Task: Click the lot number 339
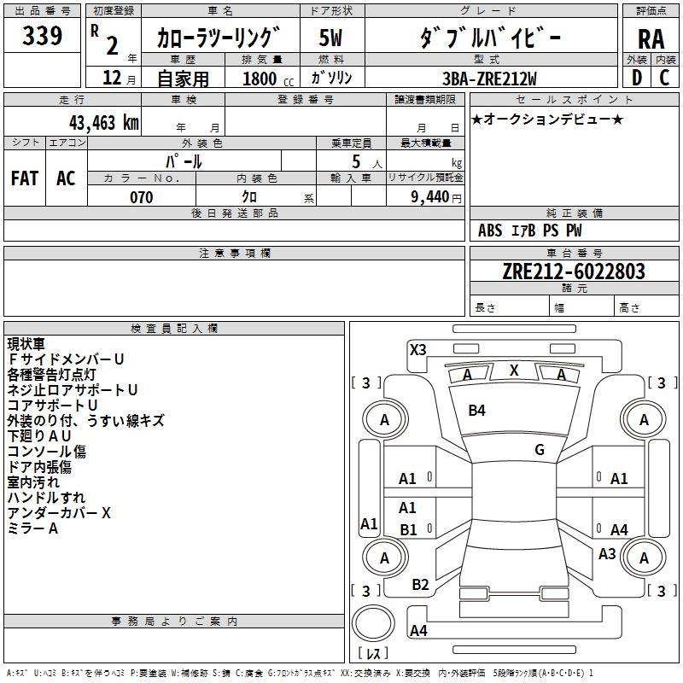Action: (x=43, y=36)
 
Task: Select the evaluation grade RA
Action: (x=651, y=38)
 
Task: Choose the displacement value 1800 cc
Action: (x=262, y=79)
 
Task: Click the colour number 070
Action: (x=141, y=197)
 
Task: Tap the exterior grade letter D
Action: (x=637, y=78)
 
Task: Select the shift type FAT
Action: (x=24, y=178)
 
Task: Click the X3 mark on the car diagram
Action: (x=417, y=349)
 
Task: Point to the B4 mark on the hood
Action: (x=476, y=411)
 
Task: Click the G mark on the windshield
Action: (x=540, y=450)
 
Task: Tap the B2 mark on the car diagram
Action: (x=420, y=585)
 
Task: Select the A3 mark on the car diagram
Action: (x=607, y=554)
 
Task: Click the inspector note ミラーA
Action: (x=33, y=528)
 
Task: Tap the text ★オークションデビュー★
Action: (x=546, y=119)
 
